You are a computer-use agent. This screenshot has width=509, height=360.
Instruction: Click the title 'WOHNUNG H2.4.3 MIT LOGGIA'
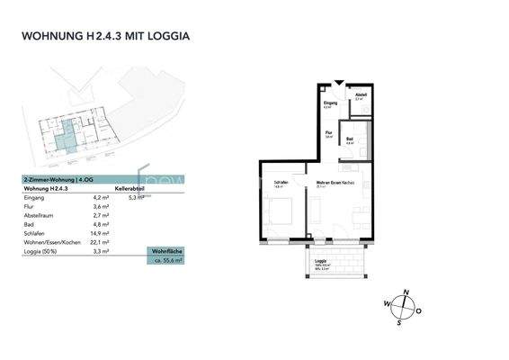tap(105, 37)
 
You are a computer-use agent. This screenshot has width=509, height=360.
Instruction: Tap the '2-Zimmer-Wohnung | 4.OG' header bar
tap(58, 180)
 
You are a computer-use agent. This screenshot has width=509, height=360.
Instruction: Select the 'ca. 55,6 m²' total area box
tap(167, 259)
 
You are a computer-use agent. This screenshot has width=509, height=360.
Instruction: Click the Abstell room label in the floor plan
tap(360, 95)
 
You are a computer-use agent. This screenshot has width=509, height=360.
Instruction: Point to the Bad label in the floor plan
tap(350, 139)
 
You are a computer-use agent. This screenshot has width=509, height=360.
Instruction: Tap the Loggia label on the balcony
tap(320, 262)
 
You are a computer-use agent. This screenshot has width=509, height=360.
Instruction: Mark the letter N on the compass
tap(406, 292)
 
